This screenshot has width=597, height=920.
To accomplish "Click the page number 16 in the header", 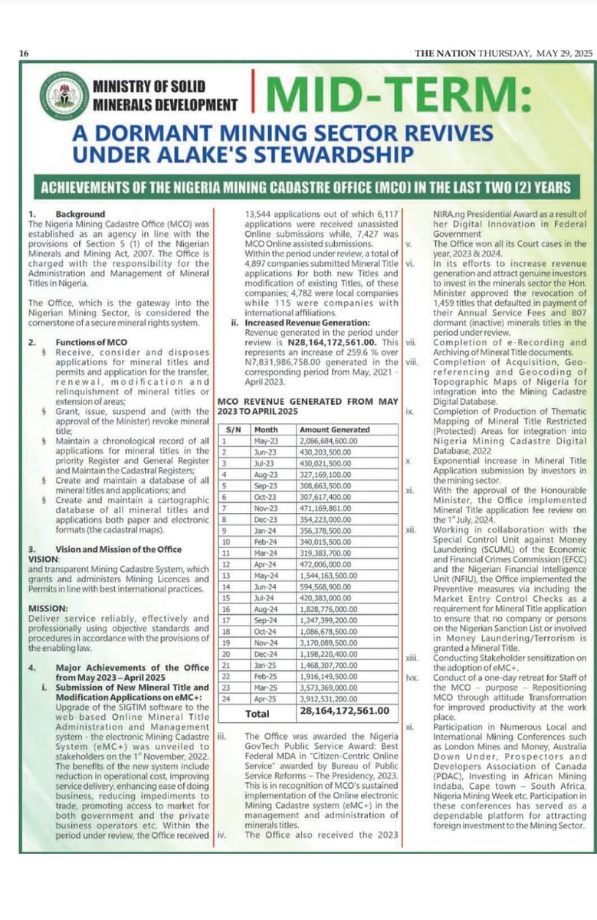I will pyautogui.click(x=24, y=53).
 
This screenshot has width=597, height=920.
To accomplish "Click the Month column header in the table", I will pyautogui.click(x=267, y=430).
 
